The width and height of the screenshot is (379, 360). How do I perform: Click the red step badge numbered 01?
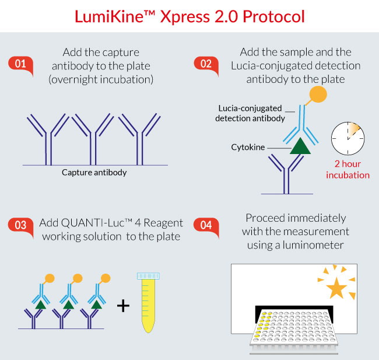point(20,65)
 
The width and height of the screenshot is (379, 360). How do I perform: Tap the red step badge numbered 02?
point(206,65)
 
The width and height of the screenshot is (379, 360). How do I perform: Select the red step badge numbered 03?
point(20,226)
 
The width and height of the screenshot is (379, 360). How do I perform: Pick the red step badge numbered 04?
point(206,226)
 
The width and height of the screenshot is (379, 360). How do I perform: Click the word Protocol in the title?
point(273,17)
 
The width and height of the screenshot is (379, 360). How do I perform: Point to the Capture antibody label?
point(94,173)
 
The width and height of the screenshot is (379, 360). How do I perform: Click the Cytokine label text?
point(248,147)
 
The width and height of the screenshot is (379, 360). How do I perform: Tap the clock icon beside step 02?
point(348,138)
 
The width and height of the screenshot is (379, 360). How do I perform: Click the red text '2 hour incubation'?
point(348,169)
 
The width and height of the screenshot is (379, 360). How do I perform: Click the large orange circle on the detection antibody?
point(318,94)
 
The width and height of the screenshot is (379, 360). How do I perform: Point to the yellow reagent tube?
point(148,303)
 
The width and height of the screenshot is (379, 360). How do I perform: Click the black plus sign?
point(123,306)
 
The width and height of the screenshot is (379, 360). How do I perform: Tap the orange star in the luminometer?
point(336,288)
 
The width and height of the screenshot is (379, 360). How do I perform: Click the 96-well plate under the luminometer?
point(294,330)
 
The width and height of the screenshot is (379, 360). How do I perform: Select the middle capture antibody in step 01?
point(93,139)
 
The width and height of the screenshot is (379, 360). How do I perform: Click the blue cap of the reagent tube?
point(148,276)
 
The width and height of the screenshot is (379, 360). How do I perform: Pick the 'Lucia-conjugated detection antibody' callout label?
point(250,113)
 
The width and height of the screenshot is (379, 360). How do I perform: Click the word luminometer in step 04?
point(313,245)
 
